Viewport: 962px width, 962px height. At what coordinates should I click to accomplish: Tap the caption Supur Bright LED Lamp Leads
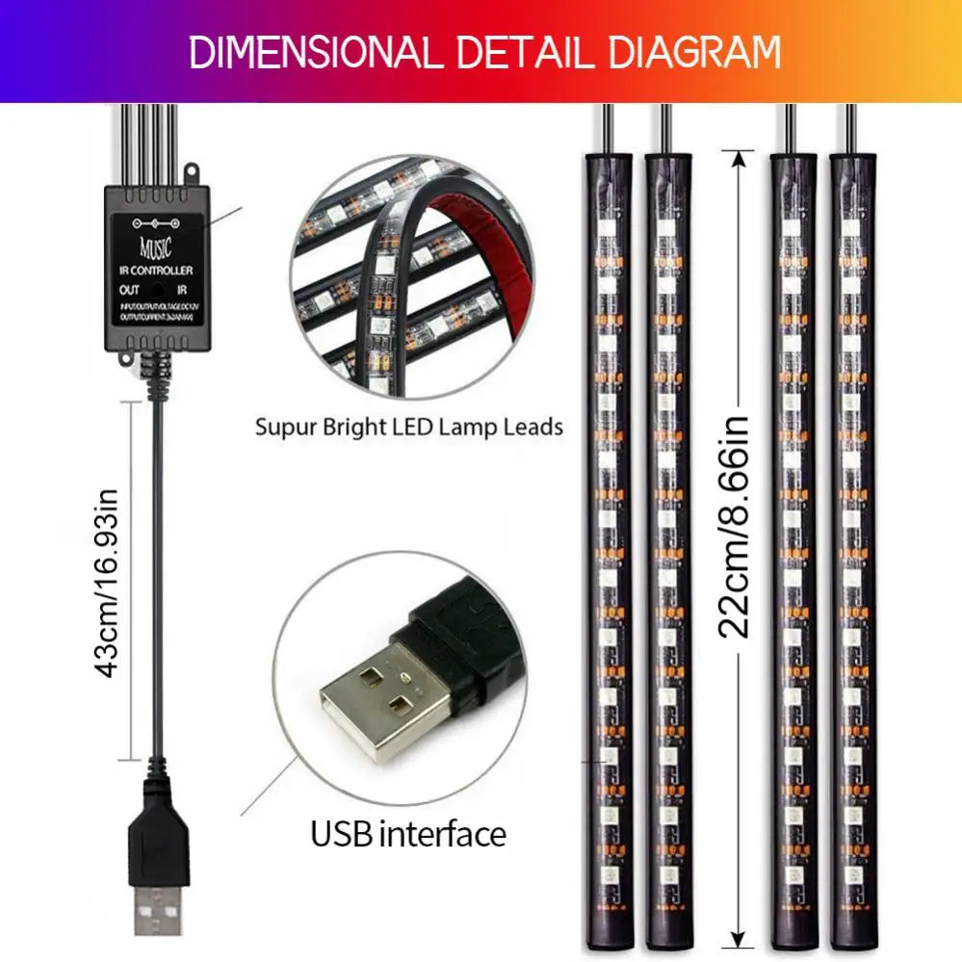coord(409,427)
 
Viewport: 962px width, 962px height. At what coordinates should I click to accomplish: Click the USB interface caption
coord(407,833)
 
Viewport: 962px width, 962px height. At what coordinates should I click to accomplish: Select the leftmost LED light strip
coord(605,549)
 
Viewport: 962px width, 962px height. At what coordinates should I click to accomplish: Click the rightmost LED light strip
coord(851,549)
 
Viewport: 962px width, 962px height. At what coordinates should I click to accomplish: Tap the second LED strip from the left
coord(665,549)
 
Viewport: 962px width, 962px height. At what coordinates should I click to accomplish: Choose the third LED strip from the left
coord(793,549)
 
